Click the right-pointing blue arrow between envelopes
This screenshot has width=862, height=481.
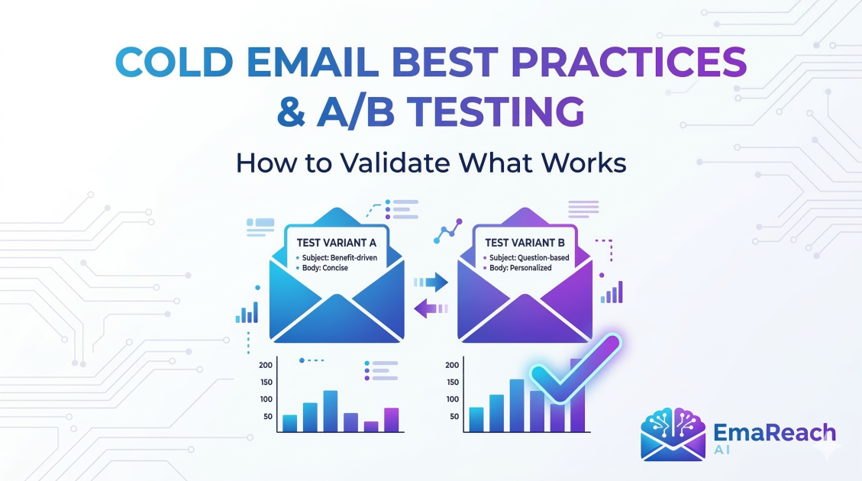431,282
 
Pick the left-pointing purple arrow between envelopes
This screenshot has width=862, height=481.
430,308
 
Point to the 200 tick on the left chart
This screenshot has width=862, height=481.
266,364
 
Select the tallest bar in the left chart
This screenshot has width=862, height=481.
330,412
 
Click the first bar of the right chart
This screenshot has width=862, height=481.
476,419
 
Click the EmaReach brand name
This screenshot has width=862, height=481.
774,433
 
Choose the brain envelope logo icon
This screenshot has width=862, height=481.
673,434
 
